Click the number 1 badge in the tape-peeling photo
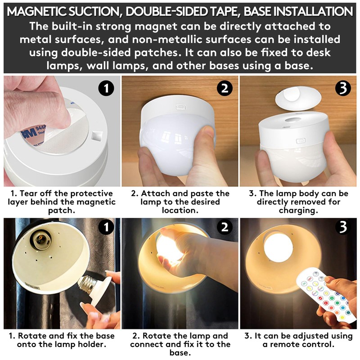point(106,88)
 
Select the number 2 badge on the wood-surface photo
point(225,88)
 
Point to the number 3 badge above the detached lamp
point(343,88)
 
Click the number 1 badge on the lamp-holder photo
point(106,227)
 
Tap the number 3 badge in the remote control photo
point(343,227)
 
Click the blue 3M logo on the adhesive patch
point(29,133)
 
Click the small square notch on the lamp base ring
point(96,136)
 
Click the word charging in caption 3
point(298,210)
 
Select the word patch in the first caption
point(62,210)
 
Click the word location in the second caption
point(180,210)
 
